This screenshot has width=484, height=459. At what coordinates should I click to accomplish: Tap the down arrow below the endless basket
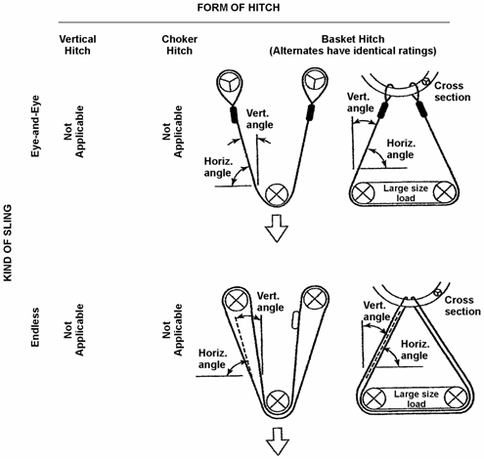(x=277, y=444)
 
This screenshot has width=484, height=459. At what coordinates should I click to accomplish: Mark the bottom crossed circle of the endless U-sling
(x=278, y=400)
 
